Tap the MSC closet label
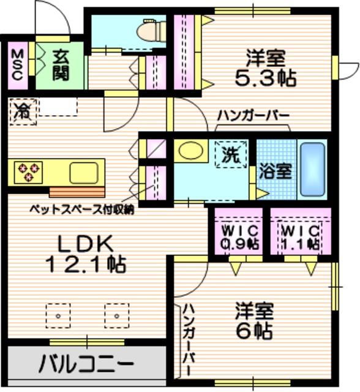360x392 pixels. [17, 64]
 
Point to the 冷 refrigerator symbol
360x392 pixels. [22, 111]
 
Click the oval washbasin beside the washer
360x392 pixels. [190, 151]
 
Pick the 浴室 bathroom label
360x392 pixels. [275, 170]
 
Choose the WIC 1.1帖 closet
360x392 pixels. [301, 236]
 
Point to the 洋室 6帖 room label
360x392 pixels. [253, 321]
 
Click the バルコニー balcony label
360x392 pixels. [86, 364]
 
